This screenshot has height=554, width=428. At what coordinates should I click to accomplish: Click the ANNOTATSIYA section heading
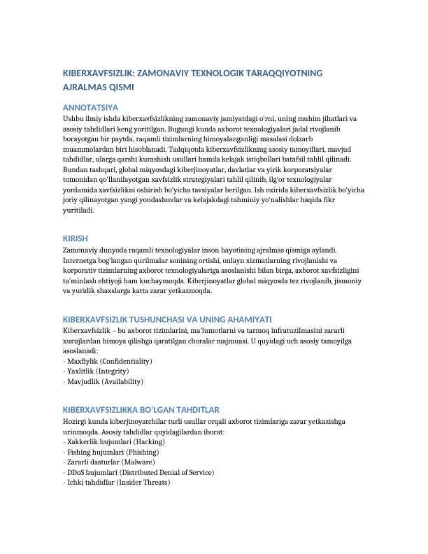[90, 108]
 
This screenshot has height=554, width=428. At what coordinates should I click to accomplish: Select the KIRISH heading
[75, 239]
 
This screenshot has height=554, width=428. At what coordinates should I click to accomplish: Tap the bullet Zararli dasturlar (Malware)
[108, 462]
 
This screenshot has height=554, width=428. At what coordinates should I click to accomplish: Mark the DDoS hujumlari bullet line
[138, 472]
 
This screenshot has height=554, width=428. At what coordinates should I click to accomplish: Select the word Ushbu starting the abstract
[73, 119]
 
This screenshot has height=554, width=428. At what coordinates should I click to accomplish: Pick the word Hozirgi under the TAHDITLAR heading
[76, 422]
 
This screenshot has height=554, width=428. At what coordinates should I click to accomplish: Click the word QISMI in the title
[121, 87]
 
